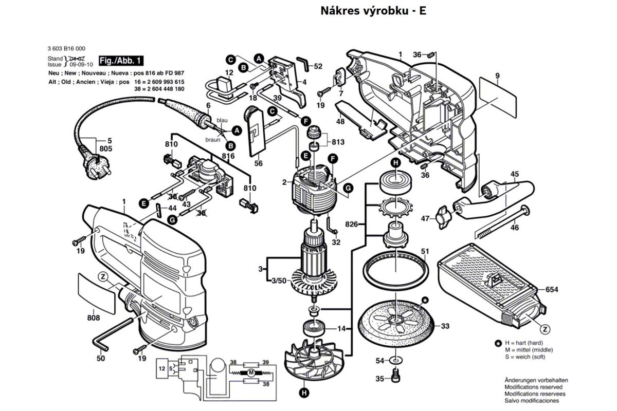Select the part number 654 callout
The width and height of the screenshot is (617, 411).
click(552, 290)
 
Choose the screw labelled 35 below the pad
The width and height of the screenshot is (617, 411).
click(395, 378)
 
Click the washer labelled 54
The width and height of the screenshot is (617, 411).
click(395, 361)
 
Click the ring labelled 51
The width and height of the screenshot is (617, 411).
click(396, 270)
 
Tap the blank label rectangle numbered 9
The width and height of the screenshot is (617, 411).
click(498, 96)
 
